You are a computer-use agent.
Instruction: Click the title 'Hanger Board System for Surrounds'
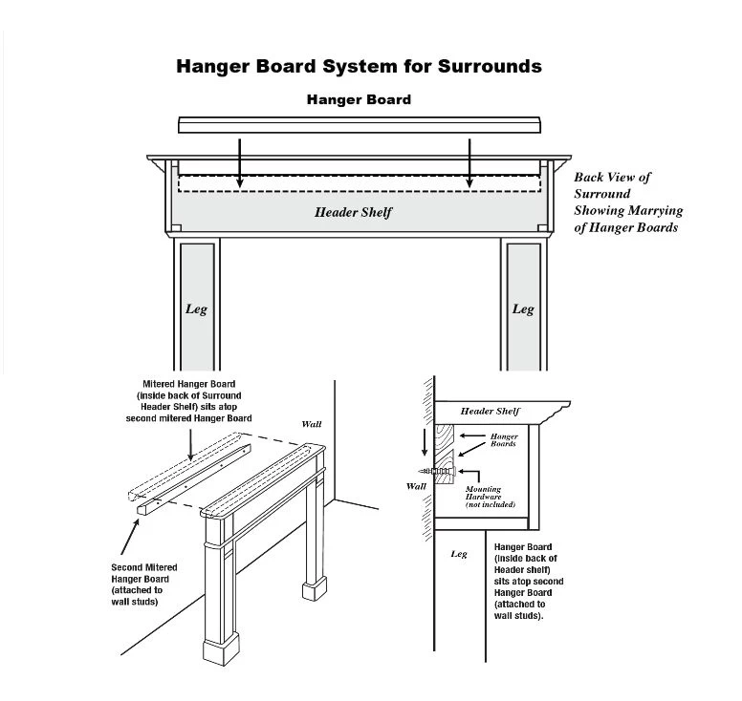point(359,67)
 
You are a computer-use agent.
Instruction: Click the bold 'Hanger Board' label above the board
point(359,99)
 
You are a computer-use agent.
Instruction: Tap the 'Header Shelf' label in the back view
point(354,212)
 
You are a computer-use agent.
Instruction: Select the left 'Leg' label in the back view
point(196,309)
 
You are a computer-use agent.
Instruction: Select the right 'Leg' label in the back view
point(523,309)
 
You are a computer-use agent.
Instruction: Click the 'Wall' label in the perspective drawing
point(312,423)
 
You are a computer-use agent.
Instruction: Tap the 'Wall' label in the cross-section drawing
point(416,486)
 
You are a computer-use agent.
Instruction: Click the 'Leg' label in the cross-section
point(458,554)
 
